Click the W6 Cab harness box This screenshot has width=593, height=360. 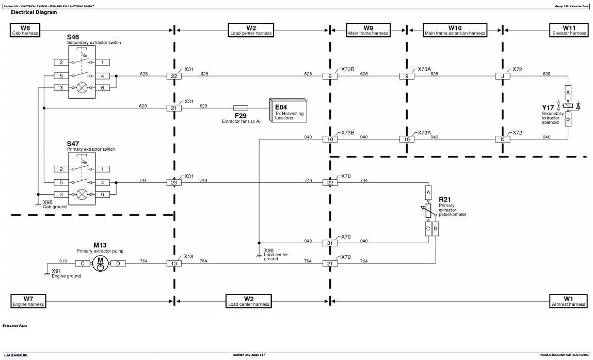click(x=25, y=30)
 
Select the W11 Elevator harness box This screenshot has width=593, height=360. click(x=569, y=30)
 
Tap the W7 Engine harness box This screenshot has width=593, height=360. click(x=28, y=301)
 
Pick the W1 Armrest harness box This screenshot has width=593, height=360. click(x=569, y=301)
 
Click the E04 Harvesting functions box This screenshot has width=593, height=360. click(x=287, y=110)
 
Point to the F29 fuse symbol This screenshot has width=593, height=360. click(x=241, y=108)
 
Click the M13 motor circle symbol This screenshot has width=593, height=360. click(x=101, y=263)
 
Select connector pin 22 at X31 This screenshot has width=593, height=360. click(x=174, y=76)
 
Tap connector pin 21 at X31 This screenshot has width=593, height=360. click(x=174, y=108)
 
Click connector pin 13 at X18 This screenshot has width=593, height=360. click(x=174, y=263)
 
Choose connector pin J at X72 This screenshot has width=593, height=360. click(x=502, y=76)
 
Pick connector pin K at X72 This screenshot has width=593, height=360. click(x=502, y=139)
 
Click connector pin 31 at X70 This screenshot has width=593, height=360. click(x=330, y=243)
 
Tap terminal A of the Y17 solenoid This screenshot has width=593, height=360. click(x=568, y=92)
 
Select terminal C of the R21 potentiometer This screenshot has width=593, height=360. click(x=428, y=228)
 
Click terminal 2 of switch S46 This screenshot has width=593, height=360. click(x=61, y=62)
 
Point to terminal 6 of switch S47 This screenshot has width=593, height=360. click(x=102, y=194)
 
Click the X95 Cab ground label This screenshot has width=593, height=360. click(x=48, y=205)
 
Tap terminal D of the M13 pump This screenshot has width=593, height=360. click(x=118, y=263)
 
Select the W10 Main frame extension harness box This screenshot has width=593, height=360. click(x=455, y=30)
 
